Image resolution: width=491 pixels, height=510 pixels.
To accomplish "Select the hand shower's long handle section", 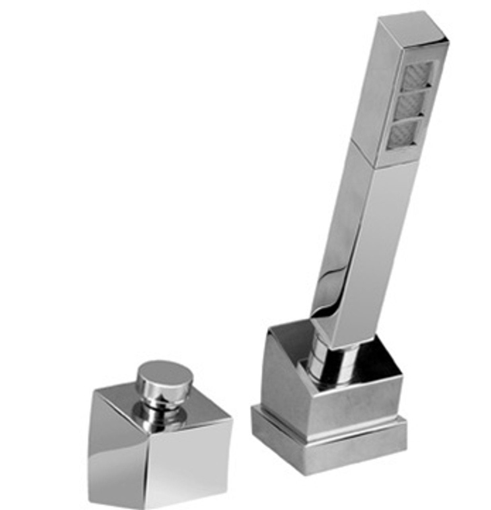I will (358, 239).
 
